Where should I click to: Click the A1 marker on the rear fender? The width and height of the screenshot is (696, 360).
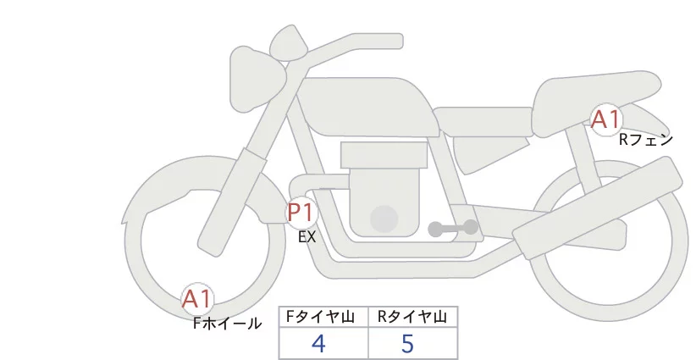point(605,119)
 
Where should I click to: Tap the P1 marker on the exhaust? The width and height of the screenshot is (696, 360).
point(301,212)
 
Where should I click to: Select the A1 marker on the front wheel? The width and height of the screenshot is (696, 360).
point(197,298)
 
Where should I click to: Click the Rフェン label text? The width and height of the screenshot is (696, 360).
point(645,140)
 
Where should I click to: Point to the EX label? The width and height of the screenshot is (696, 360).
point(307,238)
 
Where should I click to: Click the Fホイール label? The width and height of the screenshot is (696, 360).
point(227,323)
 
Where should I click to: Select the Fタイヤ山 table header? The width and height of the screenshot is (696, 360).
point(323,317)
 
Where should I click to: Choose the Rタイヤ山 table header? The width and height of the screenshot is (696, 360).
point(412,317)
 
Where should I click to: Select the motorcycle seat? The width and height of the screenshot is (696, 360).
point(593,93)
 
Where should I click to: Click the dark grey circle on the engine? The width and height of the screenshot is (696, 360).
point(384,219)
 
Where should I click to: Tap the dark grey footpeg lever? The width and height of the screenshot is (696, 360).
point(453,228)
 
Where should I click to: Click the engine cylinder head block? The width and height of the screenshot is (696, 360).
point(383,155)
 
